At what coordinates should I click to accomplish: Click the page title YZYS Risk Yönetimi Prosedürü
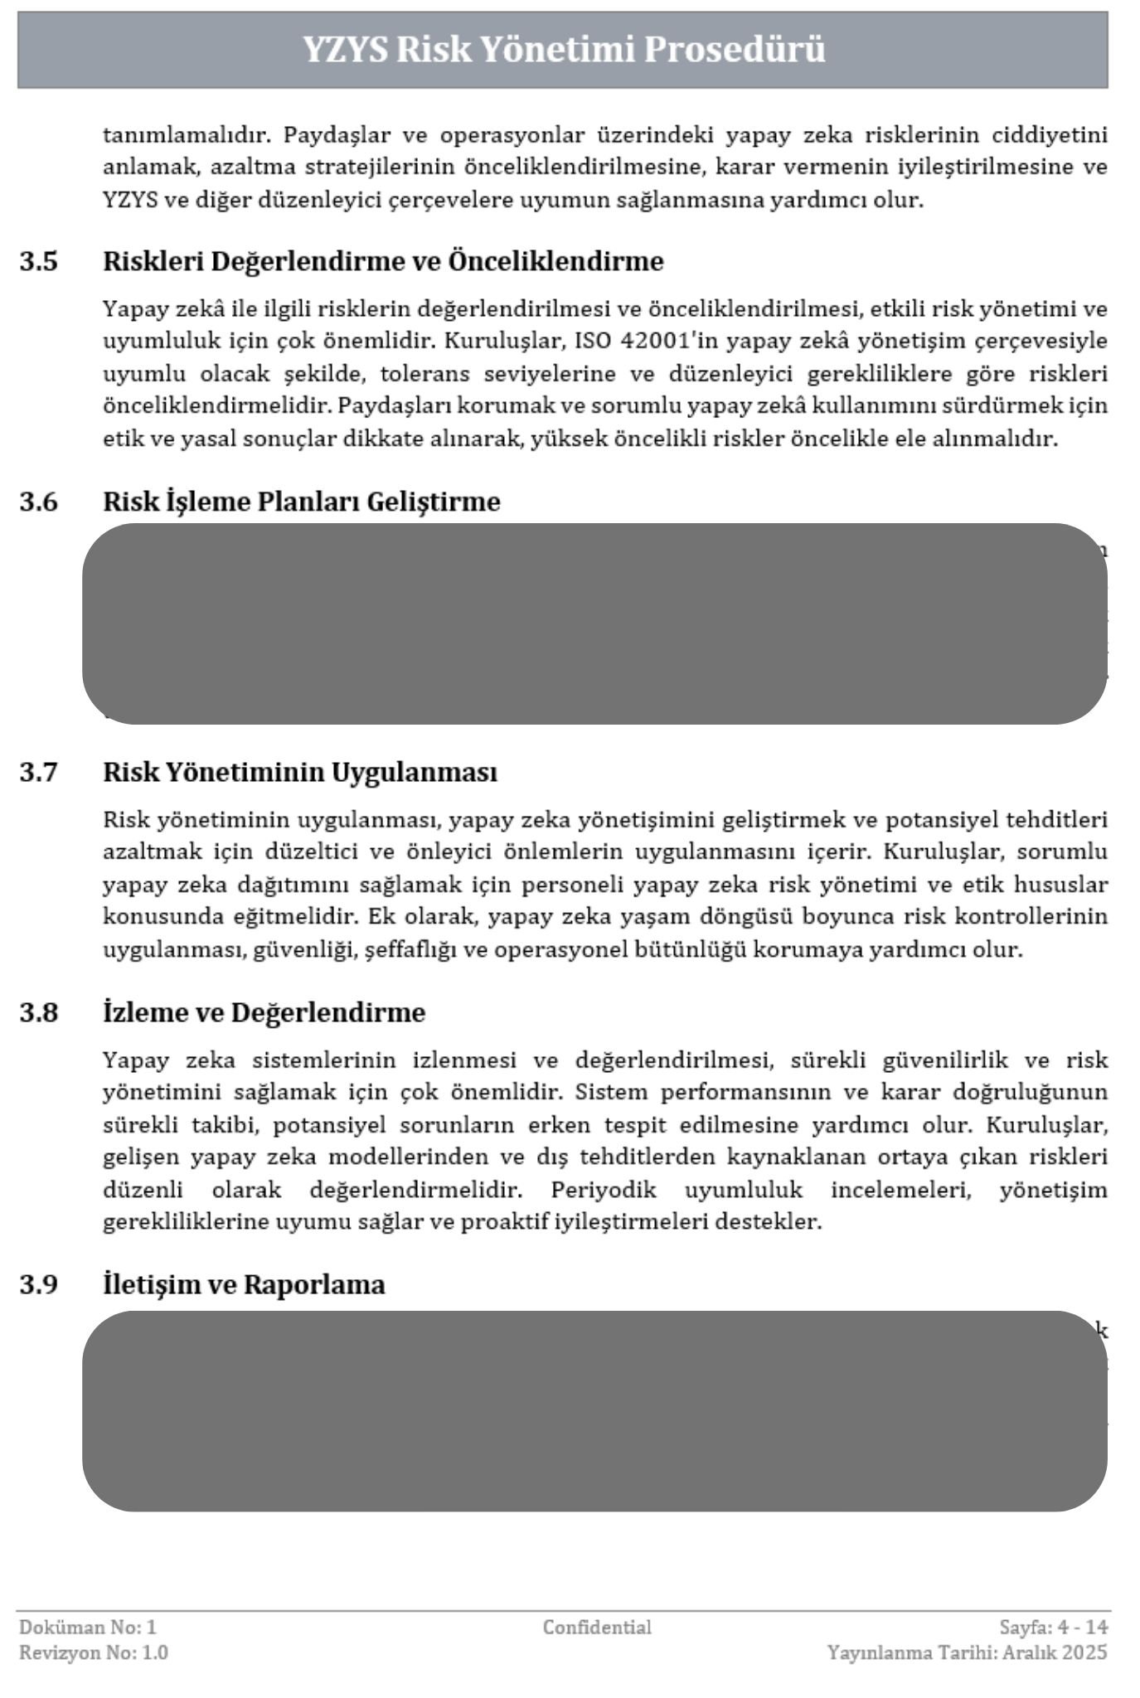point(563,50)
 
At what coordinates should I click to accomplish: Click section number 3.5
point(39,261)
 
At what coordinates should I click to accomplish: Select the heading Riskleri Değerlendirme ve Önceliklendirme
point(383,261)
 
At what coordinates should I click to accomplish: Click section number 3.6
point(39,502)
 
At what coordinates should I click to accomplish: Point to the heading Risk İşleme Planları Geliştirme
point(301,502)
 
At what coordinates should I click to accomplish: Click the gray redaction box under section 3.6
point(594,623)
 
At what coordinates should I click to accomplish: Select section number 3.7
point(39,772)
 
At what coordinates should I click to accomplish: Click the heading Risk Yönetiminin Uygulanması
point(300,772)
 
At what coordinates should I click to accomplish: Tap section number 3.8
point(39,1012)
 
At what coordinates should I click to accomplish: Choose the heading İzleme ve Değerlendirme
point(264,1012)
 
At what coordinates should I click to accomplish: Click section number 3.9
point(39,1284)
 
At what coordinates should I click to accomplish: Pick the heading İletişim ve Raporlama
point(244,1284)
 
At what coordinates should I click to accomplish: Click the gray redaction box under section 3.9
point(594,1410)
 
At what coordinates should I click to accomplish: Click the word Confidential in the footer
point(597,1628)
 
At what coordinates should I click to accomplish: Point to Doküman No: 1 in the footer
point(88,1628)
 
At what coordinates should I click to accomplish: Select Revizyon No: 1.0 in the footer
point(94,1652)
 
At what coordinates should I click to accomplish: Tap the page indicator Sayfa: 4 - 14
point(1053,1628)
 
